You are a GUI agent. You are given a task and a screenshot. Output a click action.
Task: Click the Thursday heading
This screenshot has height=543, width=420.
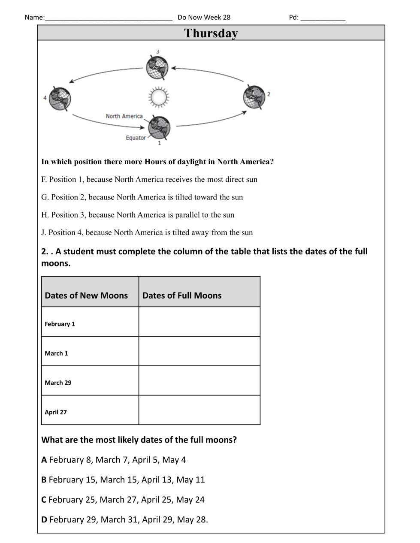click(x=211, y=33)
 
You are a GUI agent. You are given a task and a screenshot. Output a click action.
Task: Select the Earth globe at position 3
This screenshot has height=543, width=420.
click(x=157, y=68)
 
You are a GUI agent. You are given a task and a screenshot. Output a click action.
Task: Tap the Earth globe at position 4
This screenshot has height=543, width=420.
click(x=60, y=98)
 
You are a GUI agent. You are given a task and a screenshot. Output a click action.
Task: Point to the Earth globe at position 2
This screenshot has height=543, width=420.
click(x=254, y=96)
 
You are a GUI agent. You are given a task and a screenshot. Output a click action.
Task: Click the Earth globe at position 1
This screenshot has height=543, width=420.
click(x=159, y=128)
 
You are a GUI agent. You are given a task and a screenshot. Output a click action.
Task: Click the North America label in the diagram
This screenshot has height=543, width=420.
click(x=124, y=116)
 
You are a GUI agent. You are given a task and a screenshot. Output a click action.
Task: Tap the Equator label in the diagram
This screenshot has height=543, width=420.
click(x=136, y=138)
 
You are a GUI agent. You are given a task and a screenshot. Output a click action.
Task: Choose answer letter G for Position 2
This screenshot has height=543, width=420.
click(x=45, y=197)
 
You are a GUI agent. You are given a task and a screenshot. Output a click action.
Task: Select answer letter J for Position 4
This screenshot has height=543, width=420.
click(x=43, y=232)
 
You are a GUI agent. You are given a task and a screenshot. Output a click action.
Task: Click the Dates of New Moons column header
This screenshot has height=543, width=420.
click(x=86, y=296)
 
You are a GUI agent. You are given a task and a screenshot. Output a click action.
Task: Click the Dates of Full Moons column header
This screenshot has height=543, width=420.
click(x=182, y=296)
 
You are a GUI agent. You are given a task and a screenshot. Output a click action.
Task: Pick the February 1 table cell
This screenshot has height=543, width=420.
click(x=60, y=324)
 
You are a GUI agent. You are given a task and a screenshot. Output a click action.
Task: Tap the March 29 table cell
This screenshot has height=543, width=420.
click(x=58, y=383)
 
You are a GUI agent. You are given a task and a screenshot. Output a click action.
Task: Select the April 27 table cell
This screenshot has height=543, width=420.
click(x=56, y=412)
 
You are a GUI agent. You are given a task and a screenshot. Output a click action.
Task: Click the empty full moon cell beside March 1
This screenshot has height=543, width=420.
click(x=199, y=351)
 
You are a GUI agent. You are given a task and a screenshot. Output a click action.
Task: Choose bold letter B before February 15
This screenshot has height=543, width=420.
click(x=44, y=480)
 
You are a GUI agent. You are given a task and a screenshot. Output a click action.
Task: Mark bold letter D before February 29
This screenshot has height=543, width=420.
click(x=44, y=519)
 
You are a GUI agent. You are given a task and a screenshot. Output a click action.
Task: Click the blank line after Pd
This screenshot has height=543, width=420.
click(x=323, y=18)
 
